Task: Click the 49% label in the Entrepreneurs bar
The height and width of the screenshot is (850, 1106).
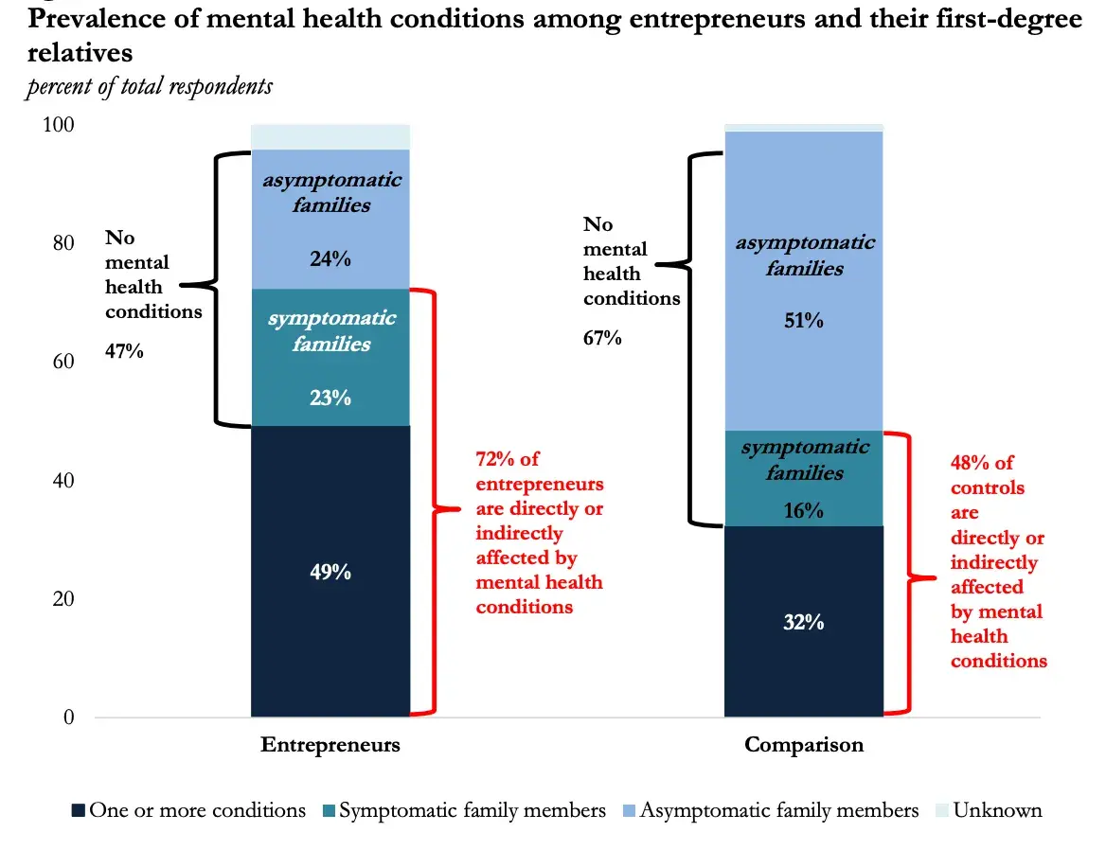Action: click(330, 573)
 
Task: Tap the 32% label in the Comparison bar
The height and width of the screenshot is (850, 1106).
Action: click(803, 623)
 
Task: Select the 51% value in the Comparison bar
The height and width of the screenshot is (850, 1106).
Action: click(803, 321)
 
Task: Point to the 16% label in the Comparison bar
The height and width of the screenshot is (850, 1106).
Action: click(803, 511)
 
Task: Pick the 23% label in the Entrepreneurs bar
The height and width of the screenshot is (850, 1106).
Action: click(330, 398)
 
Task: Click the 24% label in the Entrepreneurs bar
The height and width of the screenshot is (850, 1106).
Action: click(330, 258)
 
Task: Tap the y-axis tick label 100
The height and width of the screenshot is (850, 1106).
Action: click(60, 126)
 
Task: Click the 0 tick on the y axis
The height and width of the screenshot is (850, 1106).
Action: click(69, 717)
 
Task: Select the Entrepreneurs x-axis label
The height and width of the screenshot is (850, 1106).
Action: click(330, 745)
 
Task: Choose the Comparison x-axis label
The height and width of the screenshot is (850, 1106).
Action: click(804, 745)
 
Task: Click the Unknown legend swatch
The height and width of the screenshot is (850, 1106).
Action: click(942, 811)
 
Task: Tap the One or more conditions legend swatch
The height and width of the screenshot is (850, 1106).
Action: click(79, 811)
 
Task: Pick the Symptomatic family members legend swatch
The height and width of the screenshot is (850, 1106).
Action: click(329, 811)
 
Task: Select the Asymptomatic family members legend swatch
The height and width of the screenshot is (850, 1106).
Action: click(629, 811)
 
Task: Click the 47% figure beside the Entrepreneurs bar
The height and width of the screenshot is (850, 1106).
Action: click(124, 352)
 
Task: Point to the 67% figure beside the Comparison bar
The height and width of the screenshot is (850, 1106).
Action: click(602, 338)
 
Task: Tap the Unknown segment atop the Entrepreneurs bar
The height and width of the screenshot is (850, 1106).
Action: click(330, 137)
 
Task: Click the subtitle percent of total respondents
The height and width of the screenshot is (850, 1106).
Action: click(150, 87)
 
